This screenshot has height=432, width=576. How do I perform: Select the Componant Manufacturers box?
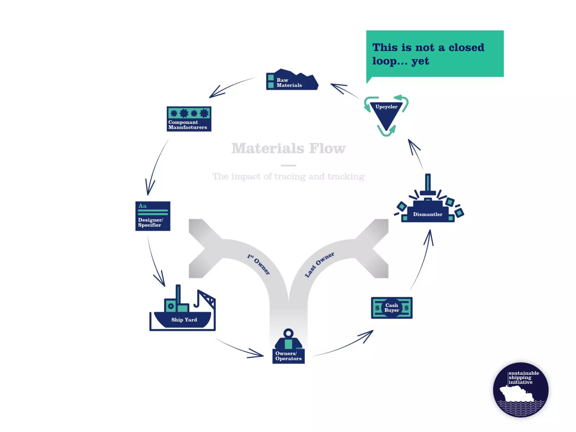[x=189, y=119]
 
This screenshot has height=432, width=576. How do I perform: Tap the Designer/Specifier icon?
[x=153, y=216]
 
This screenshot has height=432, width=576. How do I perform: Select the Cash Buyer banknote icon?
[x=391, y=308]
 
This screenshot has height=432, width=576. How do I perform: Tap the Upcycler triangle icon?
[x=386, y=115]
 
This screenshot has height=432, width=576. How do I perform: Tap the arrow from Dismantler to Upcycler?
[x=416, y=153]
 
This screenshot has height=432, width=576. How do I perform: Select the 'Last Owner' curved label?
[x=319, y=265]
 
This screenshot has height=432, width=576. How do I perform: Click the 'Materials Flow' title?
[x=288, y=148]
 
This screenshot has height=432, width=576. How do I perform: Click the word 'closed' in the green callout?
[x=466, y=48]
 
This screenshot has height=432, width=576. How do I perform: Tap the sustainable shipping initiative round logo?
[x=521, y=390]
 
